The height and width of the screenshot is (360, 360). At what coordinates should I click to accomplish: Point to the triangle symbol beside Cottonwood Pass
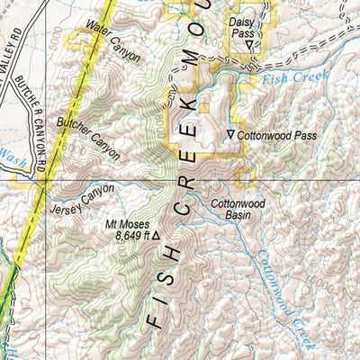pos(230,135)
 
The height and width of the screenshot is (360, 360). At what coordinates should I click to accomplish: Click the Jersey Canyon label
pos(85,203)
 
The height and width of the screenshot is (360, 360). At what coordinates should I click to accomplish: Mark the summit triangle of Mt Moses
pos(156,236)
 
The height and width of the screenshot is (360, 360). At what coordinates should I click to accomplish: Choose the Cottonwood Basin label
pos(238,210)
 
